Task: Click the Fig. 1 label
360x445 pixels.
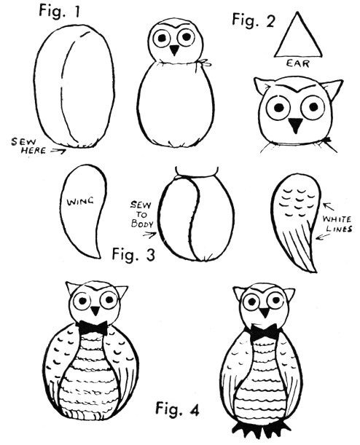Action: point(59,12)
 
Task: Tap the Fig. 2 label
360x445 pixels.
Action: point(254,20)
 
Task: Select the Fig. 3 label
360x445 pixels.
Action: point(133,254)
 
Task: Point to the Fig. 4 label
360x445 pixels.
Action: point(177,409)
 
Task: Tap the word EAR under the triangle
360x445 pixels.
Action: point(298,63)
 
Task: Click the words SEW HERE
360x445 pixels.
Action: point(28,146)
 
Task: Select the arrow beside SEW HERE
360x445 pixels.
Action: point(58,151)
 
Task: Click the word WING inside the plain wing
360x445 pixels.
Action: point(80,202)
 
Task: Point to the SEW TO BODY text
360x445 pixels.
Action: point(141,214)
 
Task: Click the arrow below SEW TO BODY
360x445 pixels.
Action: point(149,235)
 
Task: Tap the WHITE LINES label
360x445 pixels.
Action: point(337,224)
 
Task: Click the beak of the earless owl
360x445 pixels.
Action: point(174,50)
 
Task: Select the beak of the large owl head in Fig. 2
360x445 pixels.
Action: point(296,125)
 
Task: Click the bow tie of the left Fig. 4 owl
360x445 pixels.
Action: point(93,327)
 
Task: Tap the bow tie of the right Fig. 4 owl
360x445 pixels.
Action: point(264,332)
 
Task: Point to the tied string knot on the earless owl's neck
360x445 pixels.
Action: point(205,63)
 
